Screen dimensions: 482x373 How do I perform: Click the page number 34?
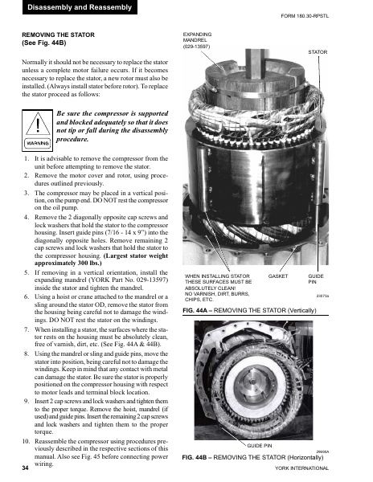(x=27, y=467)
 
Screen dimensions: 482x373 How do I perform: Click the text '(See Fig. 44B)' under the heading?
(x=46, y=45)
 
